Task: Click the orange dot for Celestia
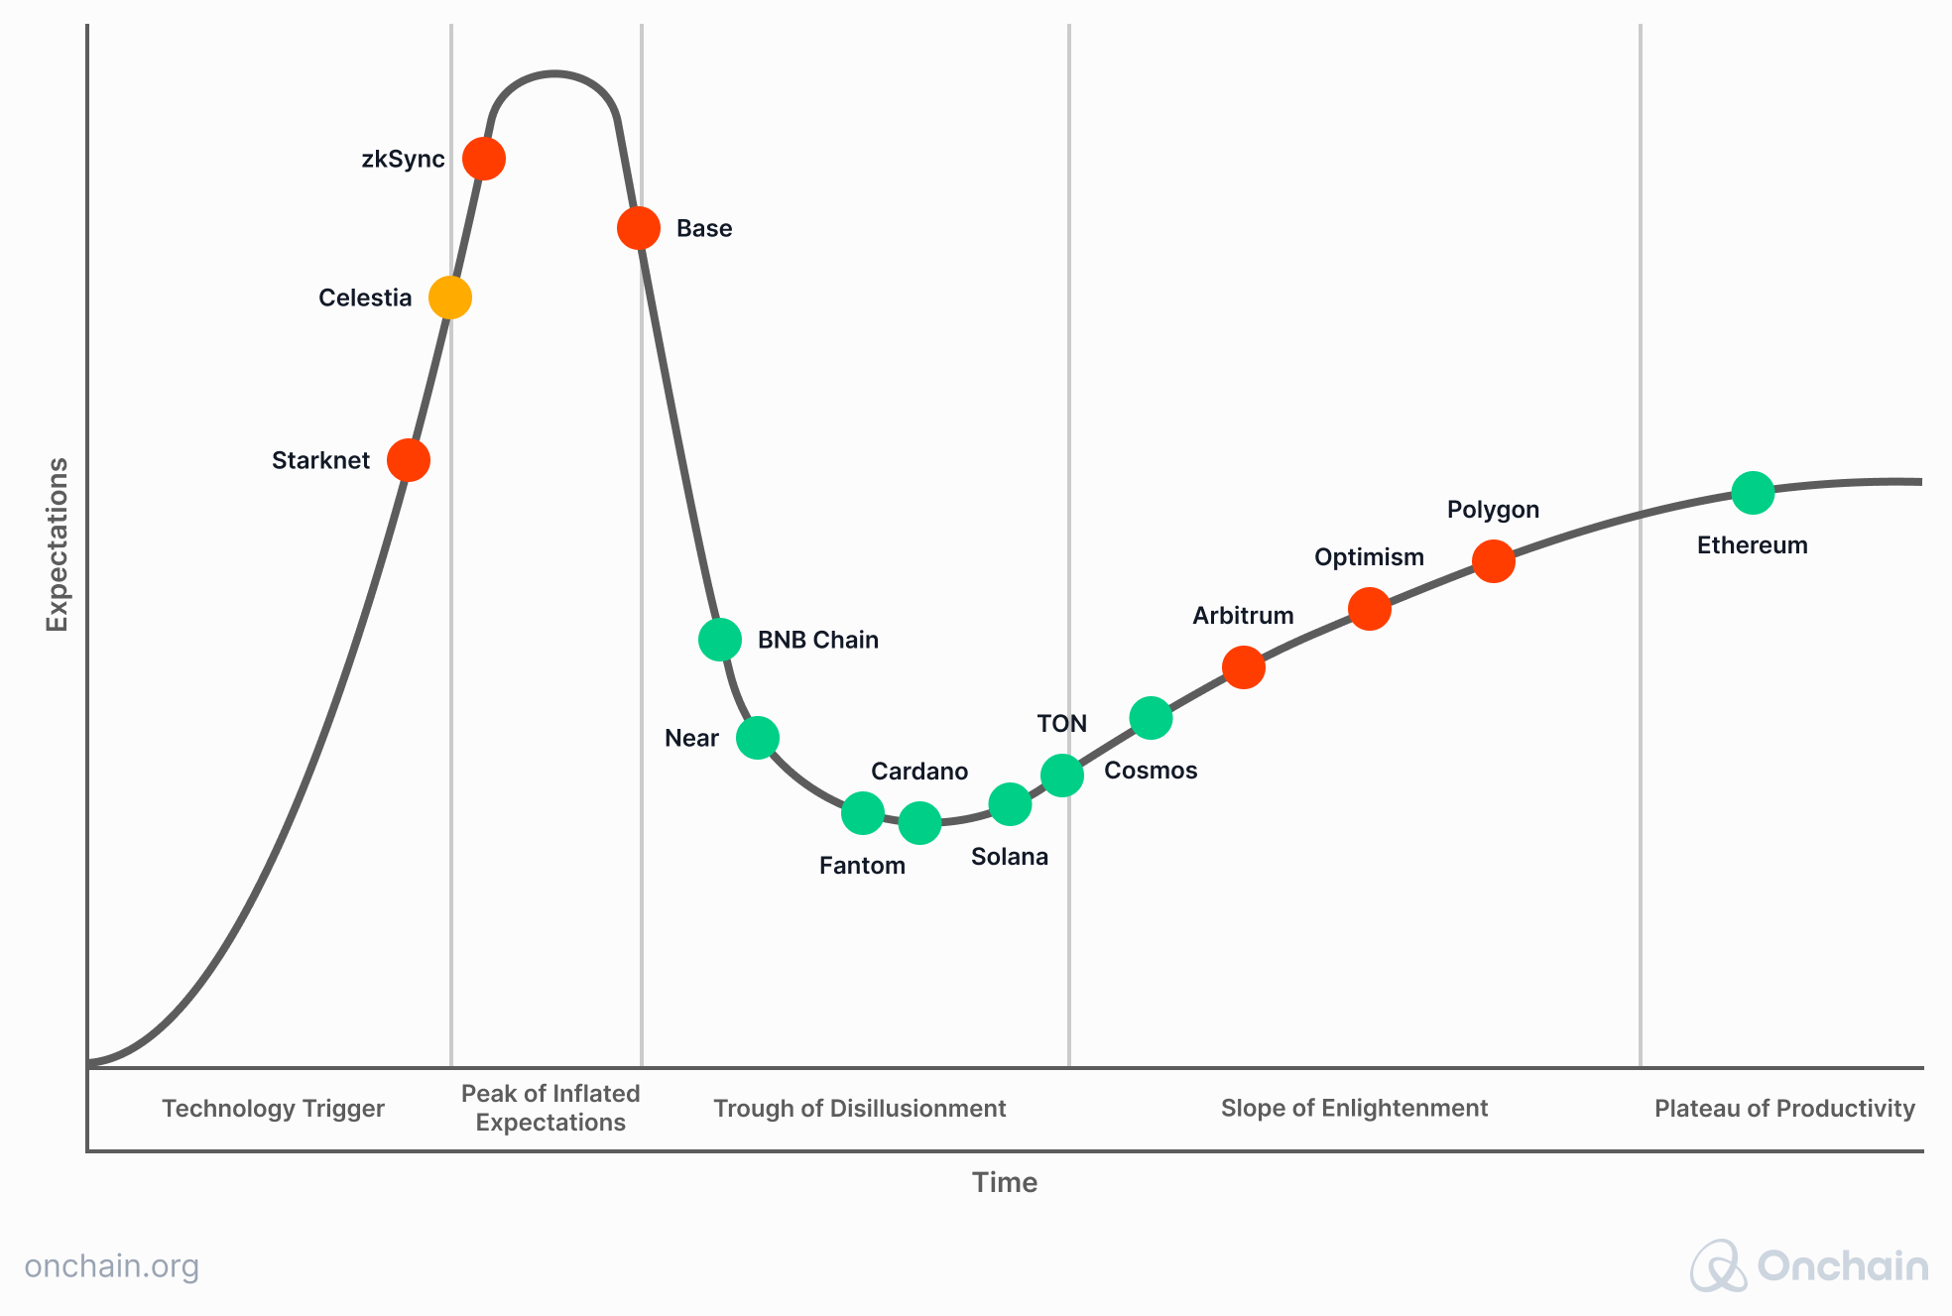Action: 449,298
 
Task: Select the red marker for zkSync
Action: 484,159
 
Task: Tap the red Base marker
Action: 639,228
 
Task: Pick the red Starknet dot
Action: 409,460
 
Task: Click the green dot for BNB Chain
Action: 720,640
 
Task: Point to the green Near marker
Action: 758,738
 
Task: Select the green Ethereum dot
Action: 1753,493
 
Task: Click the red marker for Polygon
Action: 1493,561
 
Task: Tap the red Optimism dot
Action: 1370,609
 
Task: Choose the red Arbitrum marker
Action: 1244,667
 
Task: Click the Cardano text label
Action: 919,772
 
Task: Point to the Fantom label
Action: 862,866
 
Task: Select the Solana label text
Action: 1010,857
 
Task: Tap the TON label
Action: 1062,724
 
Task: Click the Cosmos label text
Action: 1151,771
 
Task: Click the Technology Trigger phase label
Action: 273,1109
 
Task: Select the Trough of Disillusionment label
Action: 860,1109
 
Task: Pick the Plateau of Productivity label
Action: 1784,1109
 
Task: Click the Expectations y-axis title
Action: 58,544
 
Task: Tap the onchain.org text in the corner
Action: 112,1266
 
